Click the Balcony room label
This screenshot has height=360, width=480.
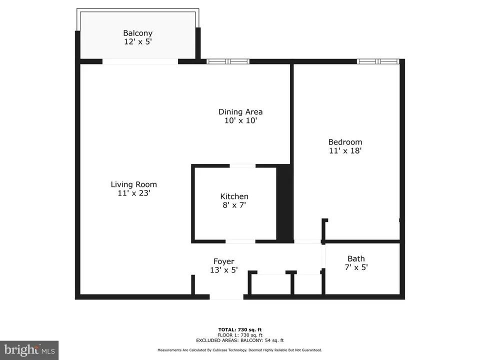[138, 33]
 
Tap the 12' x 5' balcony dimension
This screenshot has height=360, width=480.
[138, 41]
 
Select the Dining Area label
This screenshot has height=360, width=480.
[240, 111]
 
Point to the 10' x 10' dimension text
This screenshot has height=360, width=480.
[240, 120]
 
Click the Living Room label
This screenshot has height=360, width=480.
[134, 184]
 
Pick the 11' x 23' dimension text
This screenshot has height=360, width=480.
[134, 193]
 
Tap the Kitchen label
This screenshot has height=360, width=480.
[234, 196]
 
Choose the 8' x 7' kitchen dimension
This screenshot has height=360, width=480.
[234, 205]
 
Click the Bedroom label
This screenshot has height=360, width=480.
[345, 142]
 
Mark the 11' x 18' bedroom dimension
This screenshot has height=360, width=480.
[345, 150]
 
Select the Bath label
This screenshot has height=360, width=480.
[356, 258]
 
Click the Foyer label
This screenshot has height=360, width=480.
[224, 261]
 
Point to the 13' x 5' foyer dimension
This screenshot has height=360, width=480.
[224, 270]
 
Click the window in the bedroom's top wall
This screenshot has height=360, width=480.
[378, 61]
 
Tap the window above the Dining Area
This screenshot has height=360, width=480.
[228, 61]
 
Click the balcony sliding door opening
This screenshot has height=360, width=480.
[140, 61]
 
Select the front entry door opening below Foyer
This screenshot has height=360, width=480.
[226, 297]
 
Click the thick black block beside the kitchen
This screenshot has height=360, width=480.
[285, 203]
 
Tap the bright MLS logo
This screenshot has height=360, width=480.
[29, 350]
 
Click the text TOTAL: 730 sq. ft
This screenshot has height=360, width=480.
[240, 329]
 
